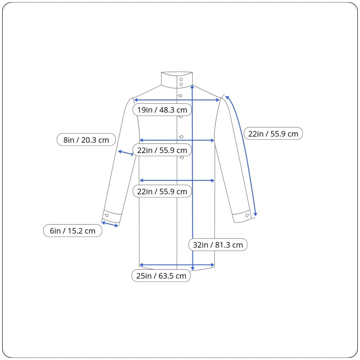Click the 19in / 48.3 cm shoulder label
click(162, 110)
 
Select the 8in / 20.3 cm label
click(86, 140)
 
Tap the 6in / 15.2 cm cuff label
click(73, 231)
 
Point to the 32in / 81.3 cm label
click(218, 245)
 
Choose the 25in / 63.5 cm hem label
click(161, 276)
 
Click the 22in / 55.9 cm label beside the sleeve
click(273, 134)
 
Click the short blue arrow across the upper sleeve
click(125, 153)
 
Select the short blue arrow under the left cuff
click(110, 224)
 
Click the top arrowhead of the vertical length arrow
click(192, 87)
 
